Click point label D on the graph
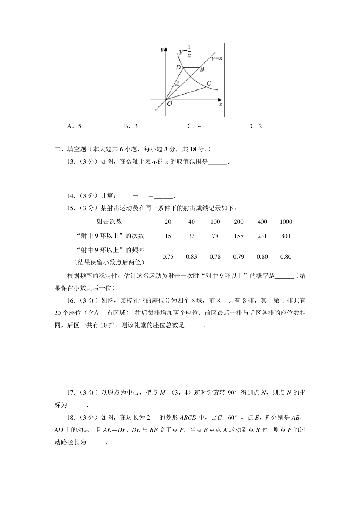[178, 67]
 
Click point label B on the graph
[202, 69]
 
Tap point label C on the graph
[208, 83]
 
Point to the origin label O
[169, 103]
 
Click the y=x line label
[217, 58]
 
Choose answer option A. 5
[74, 126]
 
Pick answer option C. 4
[194, 126]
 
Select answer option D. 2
[255, 126]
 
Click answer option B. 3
[131, 126]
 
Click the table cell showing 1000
[286, 222]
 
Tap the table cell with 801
[286, 236]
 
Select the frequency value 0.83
[191, 257]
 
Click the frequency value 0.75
[168, 257]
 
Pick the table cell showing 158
[239, 236]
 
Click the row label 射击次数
[109, 222]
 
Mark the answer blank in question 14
[163, 196]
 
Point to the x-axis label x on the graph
[221, 104]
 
